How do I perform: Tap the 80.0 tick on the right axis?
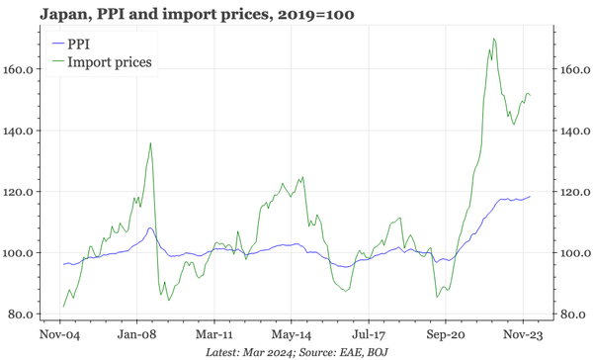coord(571,315)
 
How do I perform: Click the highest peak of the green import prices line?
coord(493,40)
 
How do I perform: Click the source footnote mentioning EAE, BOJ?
coord(296,352)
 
